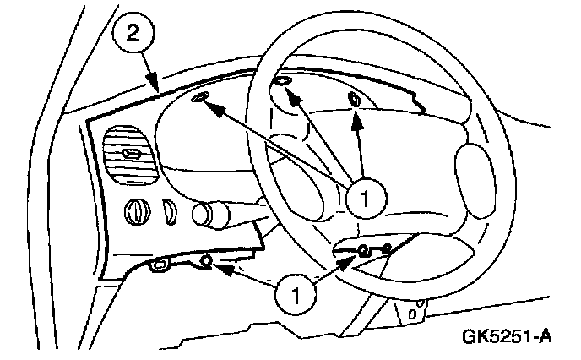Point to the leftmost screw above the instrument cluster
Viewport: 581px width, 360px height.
point(200,100)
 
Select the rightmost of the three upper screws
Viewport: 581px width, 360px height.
point(355,100)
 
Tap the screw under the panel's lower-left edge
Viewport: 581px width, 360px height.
point(204,264)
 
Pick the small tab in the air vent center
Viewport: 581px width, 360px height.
point(132,153)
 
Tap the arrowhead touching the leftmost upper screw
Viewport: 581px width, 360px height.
point(214,107)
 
